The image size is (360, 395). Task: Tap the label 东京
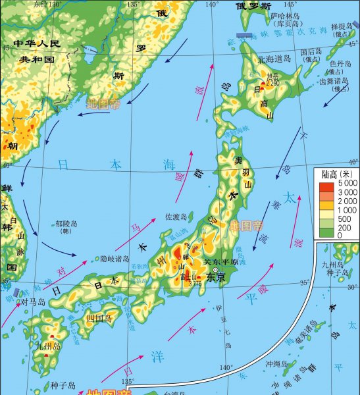(215, 278)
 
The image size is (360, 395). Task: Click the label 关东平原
(219, 261)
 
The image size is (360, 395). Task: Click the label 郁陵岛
(66, 224)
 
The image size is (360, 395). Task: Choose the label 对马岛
(32, 302)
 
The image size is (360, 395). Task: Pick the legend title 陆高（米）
(338, 174)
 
